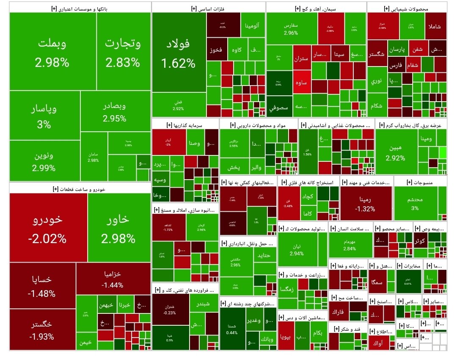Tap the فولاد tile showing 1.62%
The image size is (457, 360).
coord(179,53)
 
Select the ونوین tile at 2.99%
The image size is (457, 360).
coord(44,161)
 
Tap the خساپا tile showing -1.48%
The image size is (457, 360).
coord(42,286)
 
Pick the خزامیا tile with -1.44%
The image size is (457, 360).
coord(113,279)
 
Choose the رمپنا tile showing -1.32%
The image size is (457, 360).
coord(366,203)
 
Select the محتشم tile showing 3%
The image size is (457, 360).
coord(415,203)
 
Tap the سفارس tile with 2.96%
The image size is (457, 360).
coord(291,28)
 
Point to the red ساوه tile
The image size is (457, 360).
coord(301,83)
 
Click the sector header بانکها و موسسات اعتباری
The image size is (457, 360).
coord(80,8)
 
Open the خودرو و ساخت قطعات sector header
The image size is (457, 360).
coord(80,189)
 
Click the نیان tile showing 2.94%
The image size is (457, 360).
coord(296,249)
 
